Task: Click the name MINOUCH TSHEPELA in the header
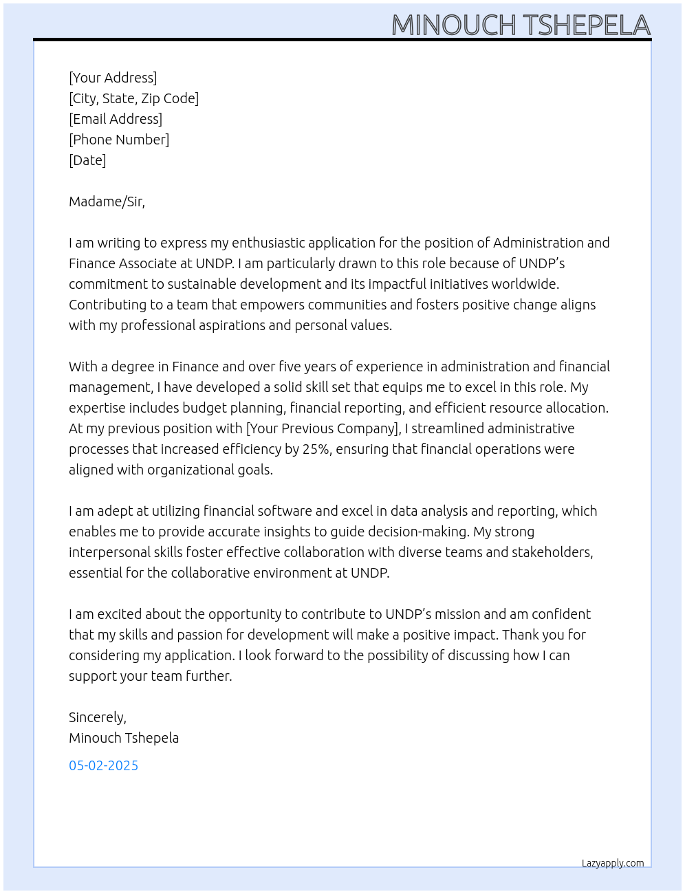click(521, 25)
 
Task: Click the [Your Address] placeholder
click(113, 78)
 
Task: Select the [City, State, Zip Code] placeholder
click(133, 98)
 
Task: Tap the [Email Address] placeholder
click(116, 119)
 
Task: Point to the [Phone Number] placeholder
click(119, 140)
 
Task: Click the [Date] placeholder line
click(87, 160)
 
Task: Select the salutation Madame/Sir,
click(107, 201)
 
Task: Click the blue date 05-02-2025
click(103, 765)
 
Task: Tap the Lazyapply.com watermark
click(613, 863)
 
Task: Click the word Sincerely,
click(98, 717)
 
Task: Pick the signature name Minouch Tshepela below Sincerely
click(124, 738)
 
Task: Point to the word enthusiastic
click(268, 243)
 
